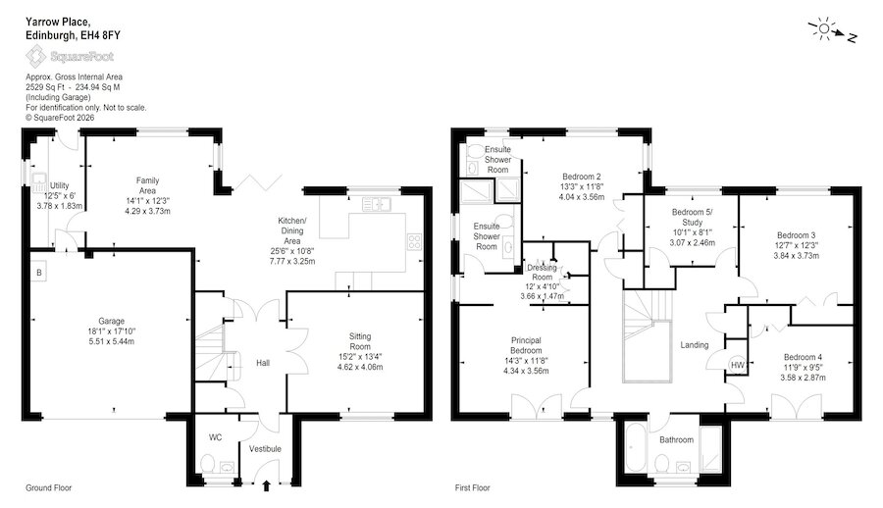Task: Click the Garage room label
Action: pyautogui.click(x=111, y=321)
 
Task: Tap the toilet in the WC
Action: pyautogui.click(x=207, y=464)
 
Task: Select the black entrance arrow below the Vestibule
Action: pyautogui.click(x=266, y=485)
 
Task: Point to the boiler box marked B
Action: pyautogui.click(x=39, y=272)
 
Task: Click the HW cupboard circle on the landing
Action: pyautogui.click(x=738, y=365)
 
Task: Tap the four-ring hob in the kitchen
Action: pyautogui.click(x=414, y=242)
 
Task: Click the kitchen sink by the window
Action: pyautogui.click(x=377, y=203)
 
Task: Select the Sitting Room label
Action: pyautogui.click(x=360, y=341)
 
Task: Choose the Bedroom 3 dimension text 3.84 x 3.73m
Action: pyautogui.click(x=796, y=255)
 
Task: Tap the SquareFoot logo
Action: pyautogui.click(x=70, y=56)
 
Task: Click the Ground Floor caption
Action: pyautogui.click(x=48, y=487)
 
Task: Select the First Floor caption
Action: pyautogui.click(x=473, y=487)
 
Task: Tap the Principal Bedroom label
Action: pyautogui.click(x=526, y=345)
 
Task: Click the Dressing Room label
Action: pyautogui.click(x=543, y=272)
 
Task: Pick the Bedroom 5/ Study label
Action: pyautogui.click(x=692, y=217)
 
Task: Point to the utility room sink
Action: pyautogui.click(x=39, y=181)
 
